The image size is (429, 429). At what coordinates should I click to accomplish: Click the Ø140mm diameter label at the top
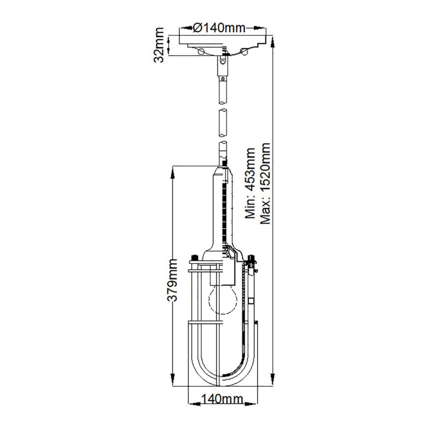click(x=219, y=28)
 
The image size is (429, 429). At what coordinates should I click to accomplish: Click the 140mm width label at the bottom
click(x=222, y=400)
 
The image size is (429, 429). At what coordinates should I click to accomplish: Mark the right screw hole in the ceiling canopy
click(x=244, y=51)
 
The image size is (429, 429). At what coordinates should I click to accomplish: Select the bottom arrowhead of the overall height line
click(x=273, y=383)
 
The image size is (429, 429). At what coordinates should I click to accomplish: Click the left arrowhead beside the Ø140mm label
click(x=183, y=28)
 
